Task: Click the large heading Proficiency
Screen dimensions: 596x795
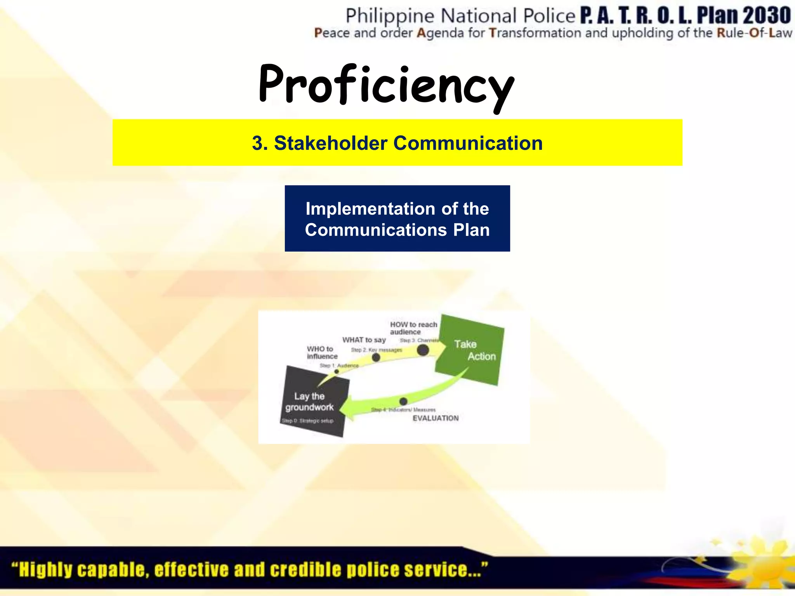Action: pyautogui.click(x=386, y=85)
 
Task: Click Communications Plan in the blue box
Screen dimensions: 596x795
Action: pyautogui.click(x=397, y=230)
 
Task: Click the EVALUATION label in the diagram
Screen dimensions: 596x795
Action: pyautogui.click(x=436, y=418)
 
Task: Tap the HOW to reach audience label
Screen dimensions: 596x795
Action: pyautogui.click(x=413, y=328)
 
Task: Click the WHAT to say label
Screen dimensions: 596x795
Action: pyautogui.click(x=364, y=340)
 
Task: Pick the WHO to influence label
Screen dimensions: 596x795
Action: pyautogui.click(x=322, y=352)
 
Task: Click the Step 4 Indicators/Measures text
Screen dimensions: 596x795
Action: pyautogui.click(x=403, y=410)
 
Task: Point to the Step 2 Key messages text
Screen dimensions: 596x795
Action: pyautogui.click(x=376, y=350)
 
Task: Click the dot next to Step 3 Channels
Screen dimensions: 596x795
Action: pyautogui.click(x=423, y=350)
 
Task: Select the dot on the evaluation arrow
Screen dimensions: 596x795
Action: pyautogui.click(x=403, y=401)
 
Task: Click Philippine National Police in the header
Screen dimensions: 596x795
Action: pyautogui.click(x=460, y=16)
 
